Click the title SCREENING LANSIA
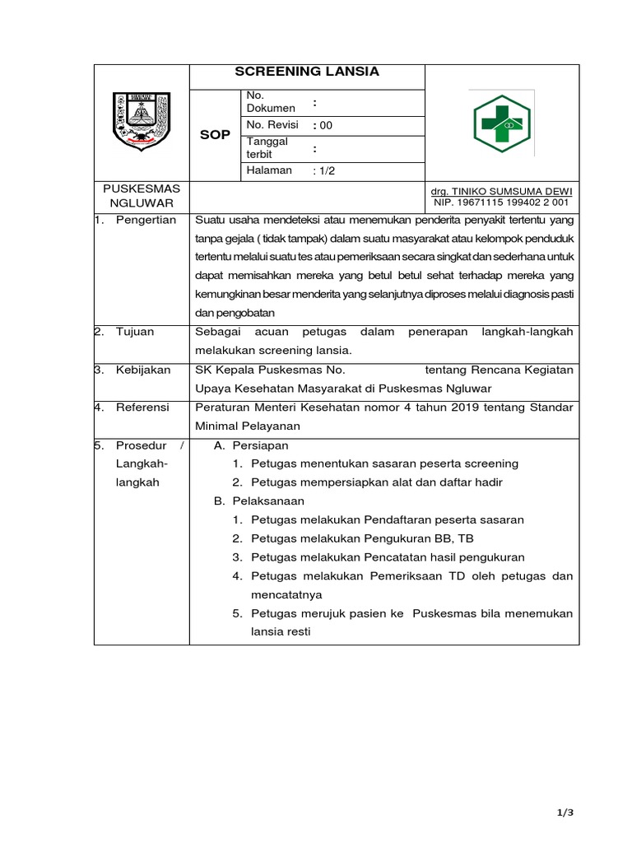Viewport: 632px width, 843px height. [307, 72]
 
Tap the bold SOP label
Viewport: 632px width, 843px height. [214, 135]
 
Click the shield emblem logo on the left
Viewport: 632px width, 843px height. [142, 121]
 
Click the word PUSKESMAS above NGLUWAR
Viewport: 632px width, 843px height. [142, 189]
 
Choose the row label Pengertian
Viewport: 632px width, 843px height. [146, 220]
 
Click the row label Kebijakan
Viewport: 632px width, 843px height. [143, 370]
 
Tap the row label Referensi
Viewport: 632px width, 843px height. [142, 407]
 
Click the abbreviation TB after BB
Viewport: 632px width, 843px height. [466, 538]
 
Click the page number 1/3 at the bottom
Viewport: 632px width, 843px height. [565, 813]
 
